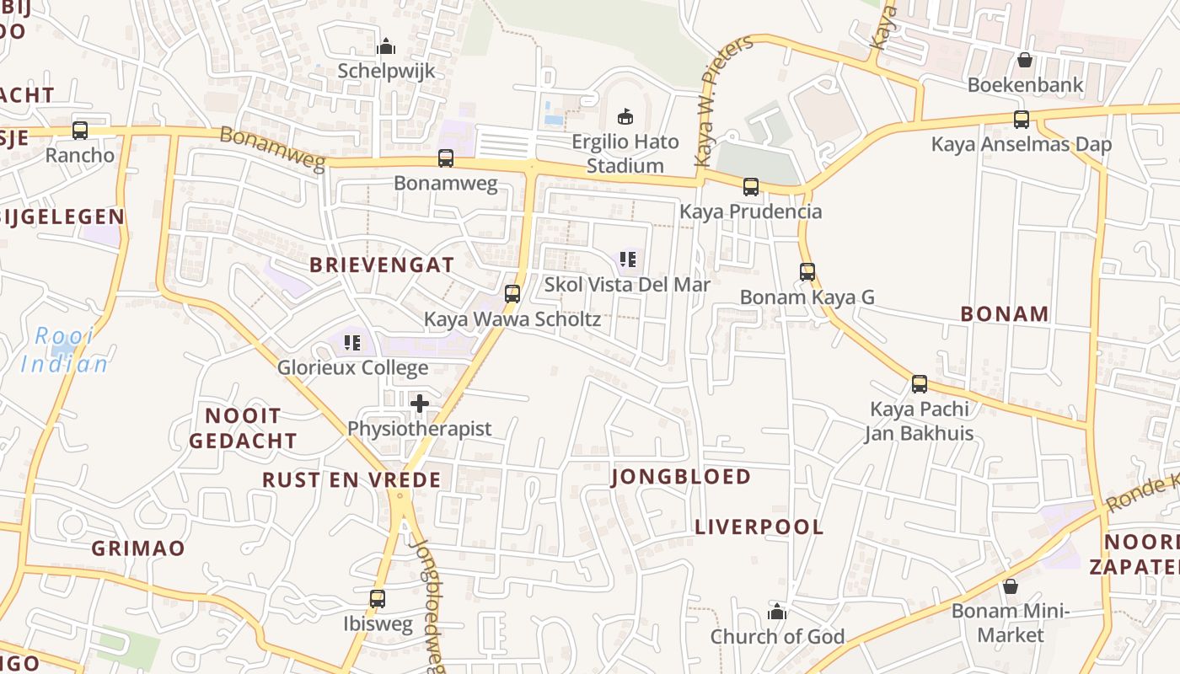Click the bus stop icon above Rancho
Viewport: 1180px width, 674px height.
pos(80,131)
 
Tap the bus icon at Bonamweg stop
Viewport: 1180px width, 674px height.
pos(446,158)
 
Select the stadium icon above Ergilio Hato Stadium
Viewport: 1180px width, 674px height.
pos(625,116)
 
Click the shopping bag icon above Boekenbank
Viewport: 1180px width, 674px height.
pos(1025,60)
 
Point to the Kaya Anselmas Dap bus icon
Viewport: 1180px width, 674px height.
pos(1022,119)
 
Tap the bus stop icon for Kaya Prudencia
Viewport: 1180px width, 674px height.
pos(751,187)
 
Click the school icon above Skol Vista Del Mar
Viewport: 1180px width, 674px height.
pos(627,259)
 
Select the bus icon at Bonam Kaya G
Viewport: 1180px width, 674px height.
pos(807,272)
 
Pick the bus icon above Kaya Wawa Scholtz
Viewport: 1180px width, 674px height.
pos(512,294)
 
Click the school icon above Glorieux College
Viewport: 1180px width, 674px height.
pos(353,343)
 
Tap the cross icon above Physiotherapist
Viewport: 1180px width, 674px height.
pos(420,404)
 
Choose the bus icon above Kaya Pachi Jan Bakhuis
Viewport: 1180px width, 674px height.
pos(920,384)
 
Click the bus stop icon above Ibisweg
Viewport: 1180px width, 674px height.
pos(378,599)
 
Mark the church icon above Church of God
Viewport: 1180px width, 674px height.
pos(777,612)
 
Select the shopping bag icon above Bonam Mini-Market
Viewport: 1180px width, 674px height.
pos(1010,586)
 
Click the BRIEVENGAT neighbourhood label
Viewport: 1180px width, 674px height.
pos(382,265)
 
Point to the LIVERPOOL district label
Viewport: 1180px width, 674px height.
pos(759,527)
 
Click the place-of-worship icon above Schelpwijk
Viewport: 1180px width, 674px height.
pos(386,46)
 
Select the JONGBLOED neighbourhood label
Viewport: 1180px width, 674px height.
pos(681,477)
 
